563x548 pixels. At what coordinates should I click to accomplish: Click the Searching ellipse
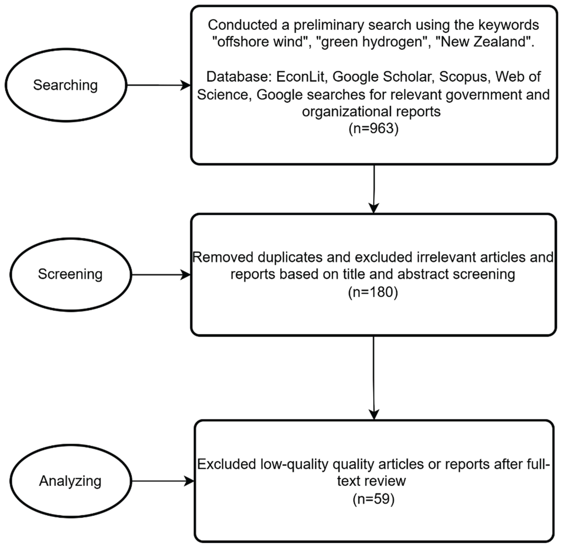66,85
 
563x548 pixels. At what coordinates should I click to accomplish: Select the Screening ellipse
70,275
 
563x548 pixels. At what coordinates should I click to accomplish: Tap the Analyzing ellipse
70,481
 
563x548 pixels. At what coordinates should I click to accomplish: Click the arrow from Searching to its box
158,85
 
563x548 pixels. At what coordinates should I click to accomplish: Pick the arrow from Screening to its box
161,275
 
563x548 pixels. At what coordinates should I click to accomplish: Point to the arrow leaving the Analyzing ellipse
163,481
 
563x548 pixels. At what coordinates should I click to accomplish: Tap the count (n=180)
373,292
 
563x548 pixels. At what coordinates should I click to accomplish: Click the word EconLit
300,77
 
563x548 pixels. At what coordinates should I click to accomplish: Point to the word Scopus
463,77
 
